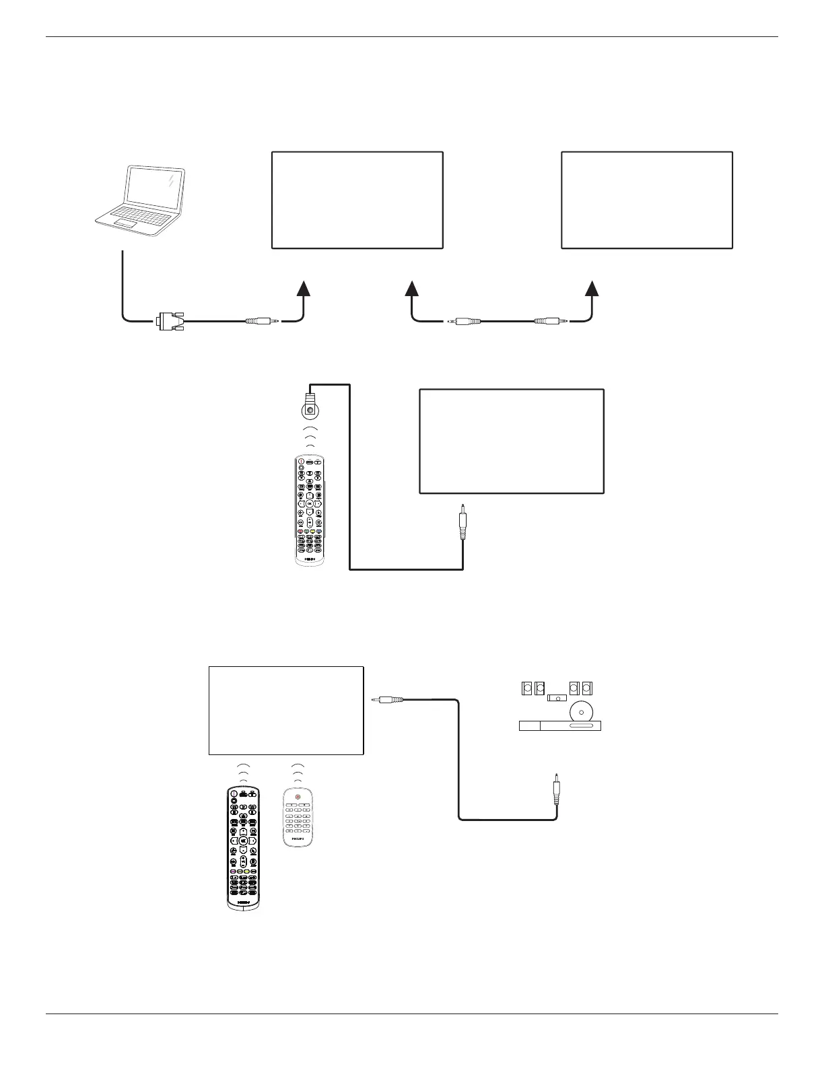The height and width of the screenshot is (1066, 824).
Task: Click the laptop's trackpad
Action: tap(125, 222)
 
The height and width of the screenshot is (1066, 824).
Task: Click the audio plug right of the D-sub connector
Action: tap(261, 322)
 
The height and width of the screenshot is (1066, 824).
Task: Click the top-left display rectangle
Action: tap(357, 200)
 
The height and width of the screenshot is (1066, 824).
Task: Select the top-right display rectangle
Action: tap(646, 200)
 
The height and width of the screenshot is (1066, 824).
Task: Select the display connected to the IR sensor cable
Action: tap(512, 441)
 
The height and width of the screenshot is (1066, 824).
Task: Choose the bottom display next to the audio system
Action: tap(286, 710)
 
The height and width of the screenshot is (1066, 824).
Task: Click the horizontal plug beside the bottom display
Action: tap(388, 700)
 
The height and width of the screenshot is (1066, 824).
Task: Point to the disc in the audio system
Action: tap(580, 712)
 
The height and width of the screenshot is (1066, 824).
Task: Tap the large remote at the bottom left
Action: tap(243, 848)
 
